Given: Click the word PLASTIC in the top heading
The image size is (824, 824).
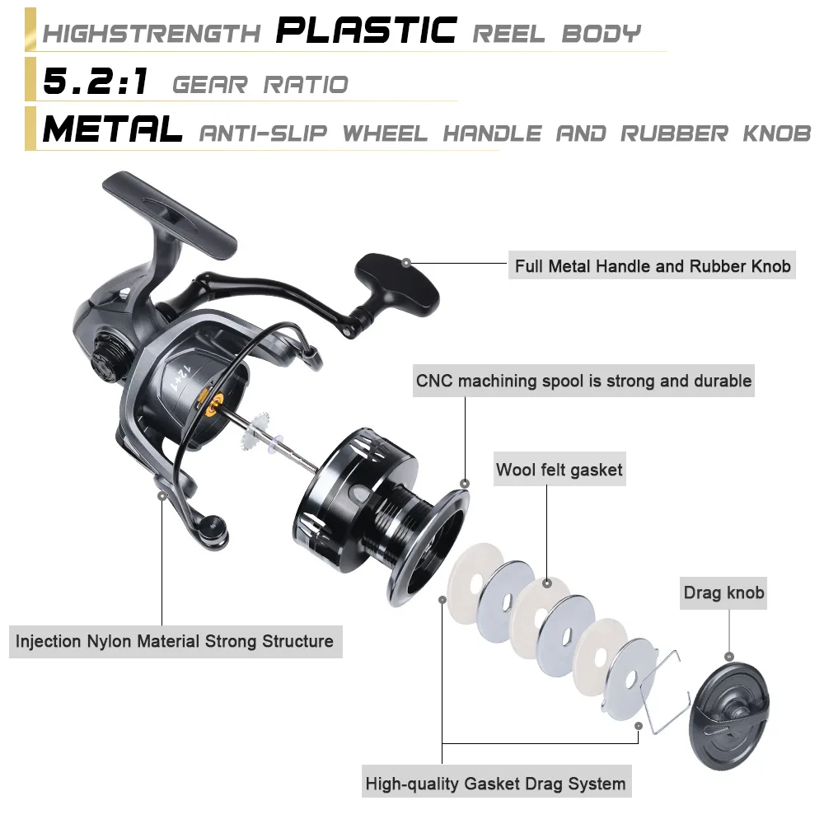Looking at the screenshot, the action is [x=367, y=30].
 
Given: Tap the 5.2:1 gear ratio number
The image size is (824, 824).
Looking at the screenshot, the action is [x=95, y=82].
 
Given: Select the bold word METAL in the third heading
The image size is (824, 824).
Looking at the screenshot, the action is [x=112, y=129].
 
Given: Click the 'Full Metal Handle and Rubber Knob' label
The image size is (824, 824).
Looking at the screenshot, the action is [x=652, y=266].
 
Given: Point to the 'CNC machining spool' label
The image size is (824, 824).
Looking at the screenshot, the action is [x=583, y=381].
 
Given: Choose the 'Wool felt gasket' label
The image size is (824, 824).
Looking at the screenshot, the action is [x=559, y=470].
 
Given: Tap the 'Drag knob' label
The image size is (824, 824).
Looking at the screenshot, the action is [x=723, y=592].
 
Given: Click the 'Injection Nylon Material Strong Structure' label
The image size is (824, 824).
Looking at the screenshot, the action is [x=176, y=641].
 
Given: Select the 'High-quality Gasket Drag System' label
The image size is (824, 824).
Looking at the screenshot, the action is [x=496, y=784].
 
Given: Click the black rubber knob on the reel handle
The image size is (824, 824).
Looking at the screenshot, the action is [x=398, y=283].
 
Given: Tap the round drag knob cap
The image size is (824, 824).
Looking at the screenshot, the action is [x=729, y=716].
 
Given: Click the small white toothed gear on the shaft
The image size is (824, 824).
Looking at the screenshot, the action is [x=256, y=431].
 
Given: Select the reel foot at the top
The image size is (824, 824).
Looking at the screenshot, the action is [x=169, y=214].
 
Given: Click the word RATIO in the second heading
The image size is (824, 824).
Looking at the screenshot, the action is [x=306, y=85].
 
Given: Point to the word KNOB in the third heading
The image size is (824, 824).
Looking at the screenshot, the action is [x=777, y=133].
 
